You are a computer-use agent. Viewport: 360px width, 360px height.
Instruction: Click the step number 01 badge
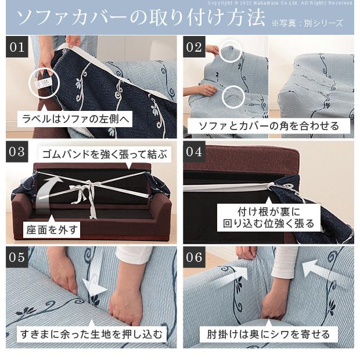pos(17,47)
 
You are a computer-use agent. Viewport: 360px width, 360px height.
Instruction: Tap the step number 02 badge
pos(194,47)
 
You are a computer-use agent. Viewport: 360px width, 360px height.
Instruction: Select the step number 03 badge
pos(17,152)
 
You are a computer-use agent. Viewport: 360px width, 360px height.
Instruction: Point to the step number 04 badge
pos(194,152)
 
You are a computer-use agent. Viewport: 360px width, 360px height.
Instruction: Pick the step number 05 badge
pos(17,257)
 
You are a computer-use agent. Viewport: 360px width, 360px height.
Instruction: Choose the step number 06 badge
pos(194,257)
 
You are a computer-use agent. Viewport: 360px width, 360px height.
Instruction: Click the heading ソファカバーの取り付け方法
pos(141,17)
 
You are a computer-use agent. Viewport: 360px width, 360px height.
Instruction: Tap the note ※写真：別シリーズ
pos(307,23)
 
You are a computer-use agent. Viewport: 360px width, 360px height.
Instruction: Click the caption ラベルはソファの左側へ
pos(75,119)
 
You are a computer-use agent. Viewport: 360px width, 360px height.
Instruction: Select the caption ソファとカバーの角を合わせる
pos(269,126)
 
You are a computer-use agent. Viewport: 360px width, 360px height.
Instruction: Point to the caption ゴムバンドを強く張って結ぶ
pos(105,154)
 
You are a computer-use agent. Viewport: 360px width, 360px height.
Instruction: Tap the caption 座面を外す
pos(52,230)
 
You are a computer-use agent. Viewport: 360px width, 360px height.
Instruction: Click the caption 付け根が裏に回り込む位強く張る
pos(269,217)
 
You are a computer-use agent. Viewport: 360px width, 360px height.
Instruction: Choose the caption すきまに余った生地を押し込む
pos(91,334)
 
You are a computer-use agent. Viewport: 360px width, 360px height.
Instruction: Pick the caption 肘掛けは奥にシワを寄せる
pos(269,334)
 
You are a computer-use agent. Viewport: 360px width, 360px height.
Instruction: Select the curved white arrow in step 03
pos(44,190)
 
